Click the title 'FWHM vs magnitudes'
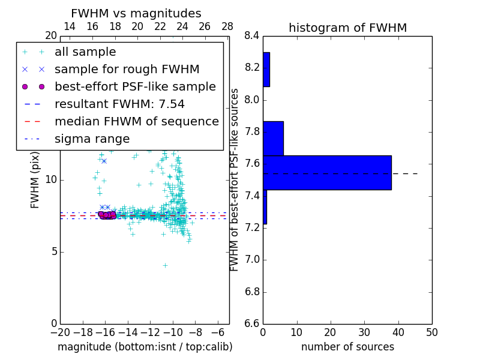point(136,14)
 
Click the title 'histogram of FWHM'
point(347,28)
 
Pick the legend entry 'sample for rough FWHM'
point(127,69)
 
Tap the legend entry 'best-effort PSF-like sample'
point(135,86)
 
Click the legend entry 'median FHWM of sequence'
point(136,121)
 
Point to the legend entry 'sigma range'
point(92,139)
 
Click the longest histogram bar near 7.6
point(327,173)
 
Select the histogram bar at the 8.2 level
point(266,70)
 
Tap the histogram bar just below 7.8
point(273,139)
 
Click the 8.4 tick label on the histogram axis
point(252,36)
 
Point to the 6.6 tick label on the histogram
point(252,324)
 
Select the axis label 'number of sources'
point(347,347)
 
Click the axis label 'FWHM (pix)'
point(35,179)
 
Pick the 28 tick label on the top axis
point(227,26)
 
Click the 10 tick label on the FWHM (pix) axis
point(51,180)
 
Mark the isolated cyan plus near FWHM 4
point(165,265)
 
